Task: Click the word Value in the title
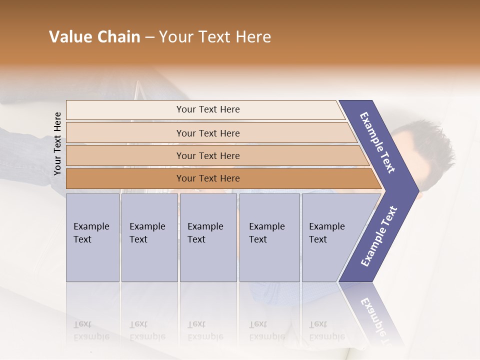(69, 37)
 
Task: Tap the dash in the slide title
(149, 37)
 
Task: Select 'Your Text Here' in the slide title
(215, 37)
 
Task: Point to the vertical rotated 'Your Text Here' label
(57, 143)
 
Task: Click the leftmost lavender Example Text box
(92, 237)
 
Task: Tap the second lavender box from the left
(149, 237)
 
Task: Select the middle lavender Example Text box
(208, 237)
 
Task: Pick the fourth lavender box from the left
(269, 237)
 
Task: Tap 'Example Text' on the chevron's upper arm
(377, 142)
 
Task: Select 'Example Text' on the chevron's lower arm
(378, 236)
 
